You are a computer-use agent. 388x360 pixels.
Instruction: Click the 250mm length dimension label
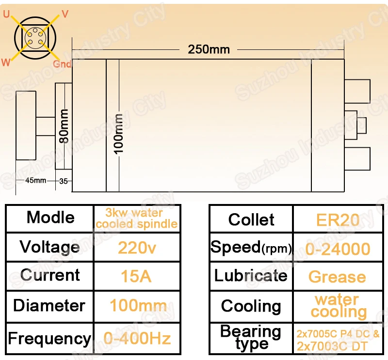(x=209, y=49)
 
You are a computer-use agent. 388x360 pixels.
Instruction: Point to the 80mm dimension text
(x=64, y=126)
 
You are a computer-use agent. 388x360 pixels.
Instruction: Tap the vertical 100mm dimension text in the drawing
(x=118, y=134)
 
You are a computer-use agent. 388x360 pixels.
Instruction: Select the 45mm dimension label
(x=35, y=181)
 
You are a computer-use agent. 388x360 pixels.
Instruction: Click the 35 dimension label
(x=64, y=181)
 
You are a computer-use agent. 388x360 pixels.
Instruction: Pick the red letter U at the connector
(x=6, y=14)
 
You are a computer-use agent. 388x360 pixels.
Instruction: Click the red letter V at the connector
(x=65, y=14)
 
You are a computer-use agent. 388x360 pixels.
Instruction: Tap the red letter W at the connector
(x=6, y=63)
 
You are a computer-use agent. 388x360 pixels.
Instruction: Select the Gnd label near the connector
(x=62, y=64)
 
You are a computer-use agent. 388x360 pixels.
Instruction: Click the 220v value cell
(x=137, y=248)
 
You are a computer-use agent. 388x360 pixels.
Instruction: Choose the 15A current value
(x=136, y=276)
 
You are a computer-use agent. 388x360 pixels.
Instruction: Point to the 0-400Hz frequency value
(x=137, y=338)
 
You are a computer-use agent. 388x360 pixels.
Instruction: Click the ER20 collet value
(x=338, y=220)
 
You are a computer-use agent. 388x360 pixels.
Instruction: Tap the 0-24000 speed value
(x=338, y=249)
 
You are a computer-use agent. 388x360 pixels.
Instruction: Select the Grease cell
(x=337, y=277)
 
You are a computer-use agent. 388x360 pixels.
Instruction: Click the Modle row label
(x=50, y=218)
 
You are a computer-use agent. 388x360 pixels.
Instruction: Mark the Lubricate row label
(x=251, y=275)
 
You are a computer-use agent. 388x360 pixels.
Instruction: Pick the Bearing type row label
(x=251, y=338)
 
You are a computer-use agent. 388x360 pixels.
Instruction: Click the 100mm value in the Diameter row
(x=138, y=305)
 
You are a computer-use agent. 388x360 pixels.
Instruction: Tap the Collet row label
(x=251, y=219)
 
